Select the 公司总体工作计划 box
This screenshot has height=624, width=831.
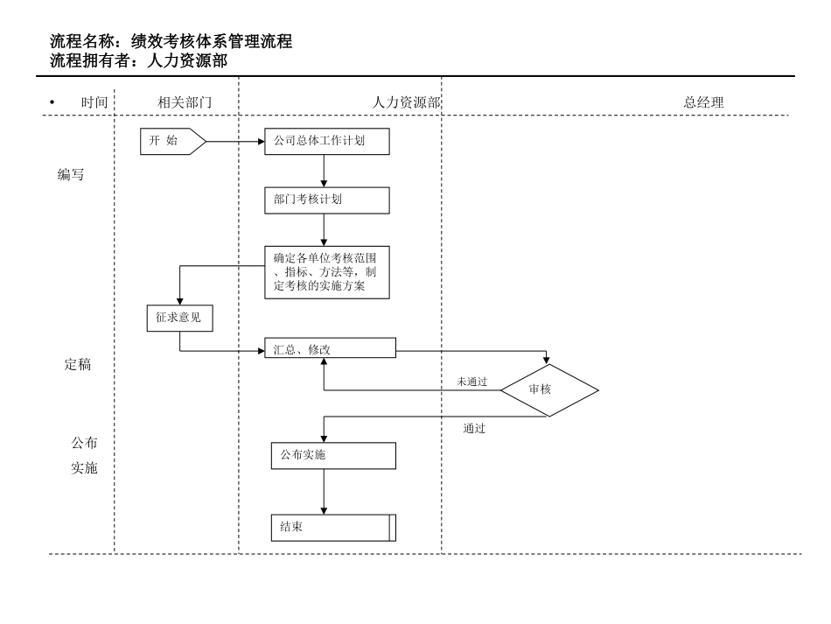326,141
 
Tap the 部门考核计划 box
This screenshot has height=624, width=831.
326,200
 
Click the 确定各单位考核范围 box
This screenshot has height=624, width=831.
326,272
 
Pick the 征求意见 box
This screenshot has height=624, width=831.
179,318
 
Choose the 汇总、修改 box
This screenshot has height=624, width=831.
330,349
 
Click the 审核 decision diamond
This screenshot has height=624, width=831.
548,389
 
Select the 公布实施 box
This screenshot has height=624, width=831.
332,455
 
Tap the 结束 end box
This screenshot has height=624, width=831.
332,528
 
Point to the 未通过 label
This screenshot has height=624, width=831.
471,382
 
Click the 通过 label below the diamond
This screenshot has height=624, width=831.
474,429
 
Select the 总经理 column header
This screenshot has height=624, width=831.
703,102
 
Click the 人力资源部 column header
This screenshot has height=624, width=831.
406,102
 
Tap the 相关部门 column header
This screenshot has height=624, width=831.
185,102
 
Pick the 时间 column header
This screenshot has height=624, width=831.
94,102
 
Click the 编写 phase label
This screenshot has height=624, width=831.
71,174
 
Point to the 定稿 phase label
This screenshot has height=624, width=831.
78,365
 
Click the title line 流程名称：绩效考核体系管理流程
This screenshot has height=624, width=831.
171,41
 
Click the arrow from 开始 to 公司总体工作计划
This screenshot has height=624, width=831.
234,141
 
